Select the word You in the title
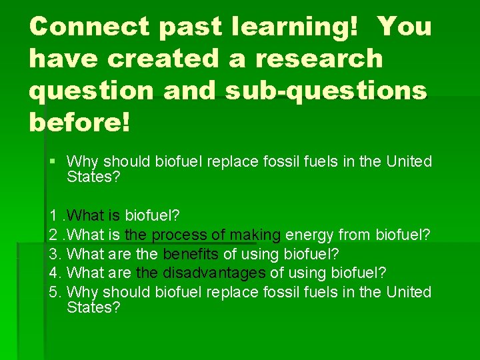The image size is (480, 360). click(x=404, y=27)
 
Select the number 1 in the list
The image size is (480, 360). click(x=53, y=216)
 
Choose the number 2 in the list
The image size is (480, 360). click(x=53, y=235)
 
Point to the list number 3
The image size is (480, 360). click(x=53, y=254)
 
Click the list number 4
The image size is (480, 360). click(x=53, y=273)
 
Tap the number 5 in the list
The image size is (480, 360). click(x=53, y=292)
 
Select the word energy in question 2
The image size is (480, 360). click(x=311, y=235)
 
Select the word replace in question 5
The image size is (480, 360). click(x=225, y=292)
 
